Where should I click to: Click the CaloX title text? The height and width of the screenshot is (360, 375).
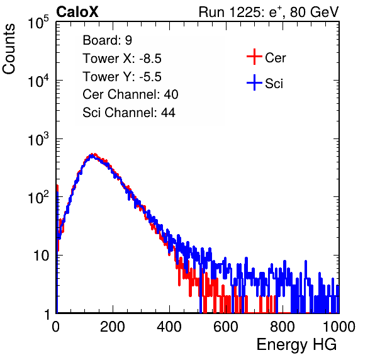point(77,12)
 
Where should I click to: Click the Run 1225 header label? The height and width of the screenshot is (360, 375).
point(269,12)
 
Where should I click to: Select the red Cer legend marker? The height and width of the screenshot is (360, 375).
point(254,57)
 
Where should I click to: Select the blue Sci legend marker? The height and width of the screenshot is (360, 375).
point(254,82)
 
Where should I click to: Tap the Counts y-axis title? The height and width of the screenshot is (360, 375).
point(9,49)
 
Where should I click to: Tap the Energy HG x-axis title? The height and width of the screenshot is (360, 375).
point(296,344)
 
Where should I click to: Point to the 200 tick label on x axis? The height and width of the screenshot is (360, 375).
point(113,326)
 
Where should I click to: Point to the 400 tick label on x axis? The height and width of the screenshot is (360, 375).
point(169,326)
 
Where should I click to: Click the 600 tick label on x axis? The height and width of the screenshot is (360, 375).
point(226,326)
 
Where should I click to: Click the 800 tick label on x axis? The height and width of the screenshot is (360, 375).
point(283,326)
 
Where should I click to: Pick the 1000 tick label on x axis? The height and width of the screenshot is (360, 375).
point(339,326)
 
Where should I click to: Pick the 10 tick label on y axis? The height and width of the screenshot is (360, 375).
point(41,256)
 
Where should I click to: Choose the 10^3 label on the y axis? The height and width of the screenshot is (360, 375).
point(38,140)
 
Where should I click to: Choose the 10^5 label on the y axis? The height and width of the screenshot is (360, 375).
point(38,23)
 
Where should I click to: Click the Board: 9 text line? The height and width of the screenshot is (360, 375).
point(107,40)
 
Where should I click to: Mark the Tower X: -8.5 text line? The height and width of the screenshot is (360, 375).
point(122,59)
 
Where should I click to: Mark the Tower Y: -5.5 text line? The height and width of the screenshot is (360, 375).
point(122,77)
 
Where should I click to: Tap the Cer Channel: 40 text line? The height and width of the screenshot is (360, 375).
point(130,94)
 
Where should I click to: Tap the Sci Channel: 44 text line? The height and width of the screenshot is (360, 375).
point(129,113)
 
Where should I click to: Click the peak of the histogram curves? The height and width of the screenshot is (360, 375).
point(92,155)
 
